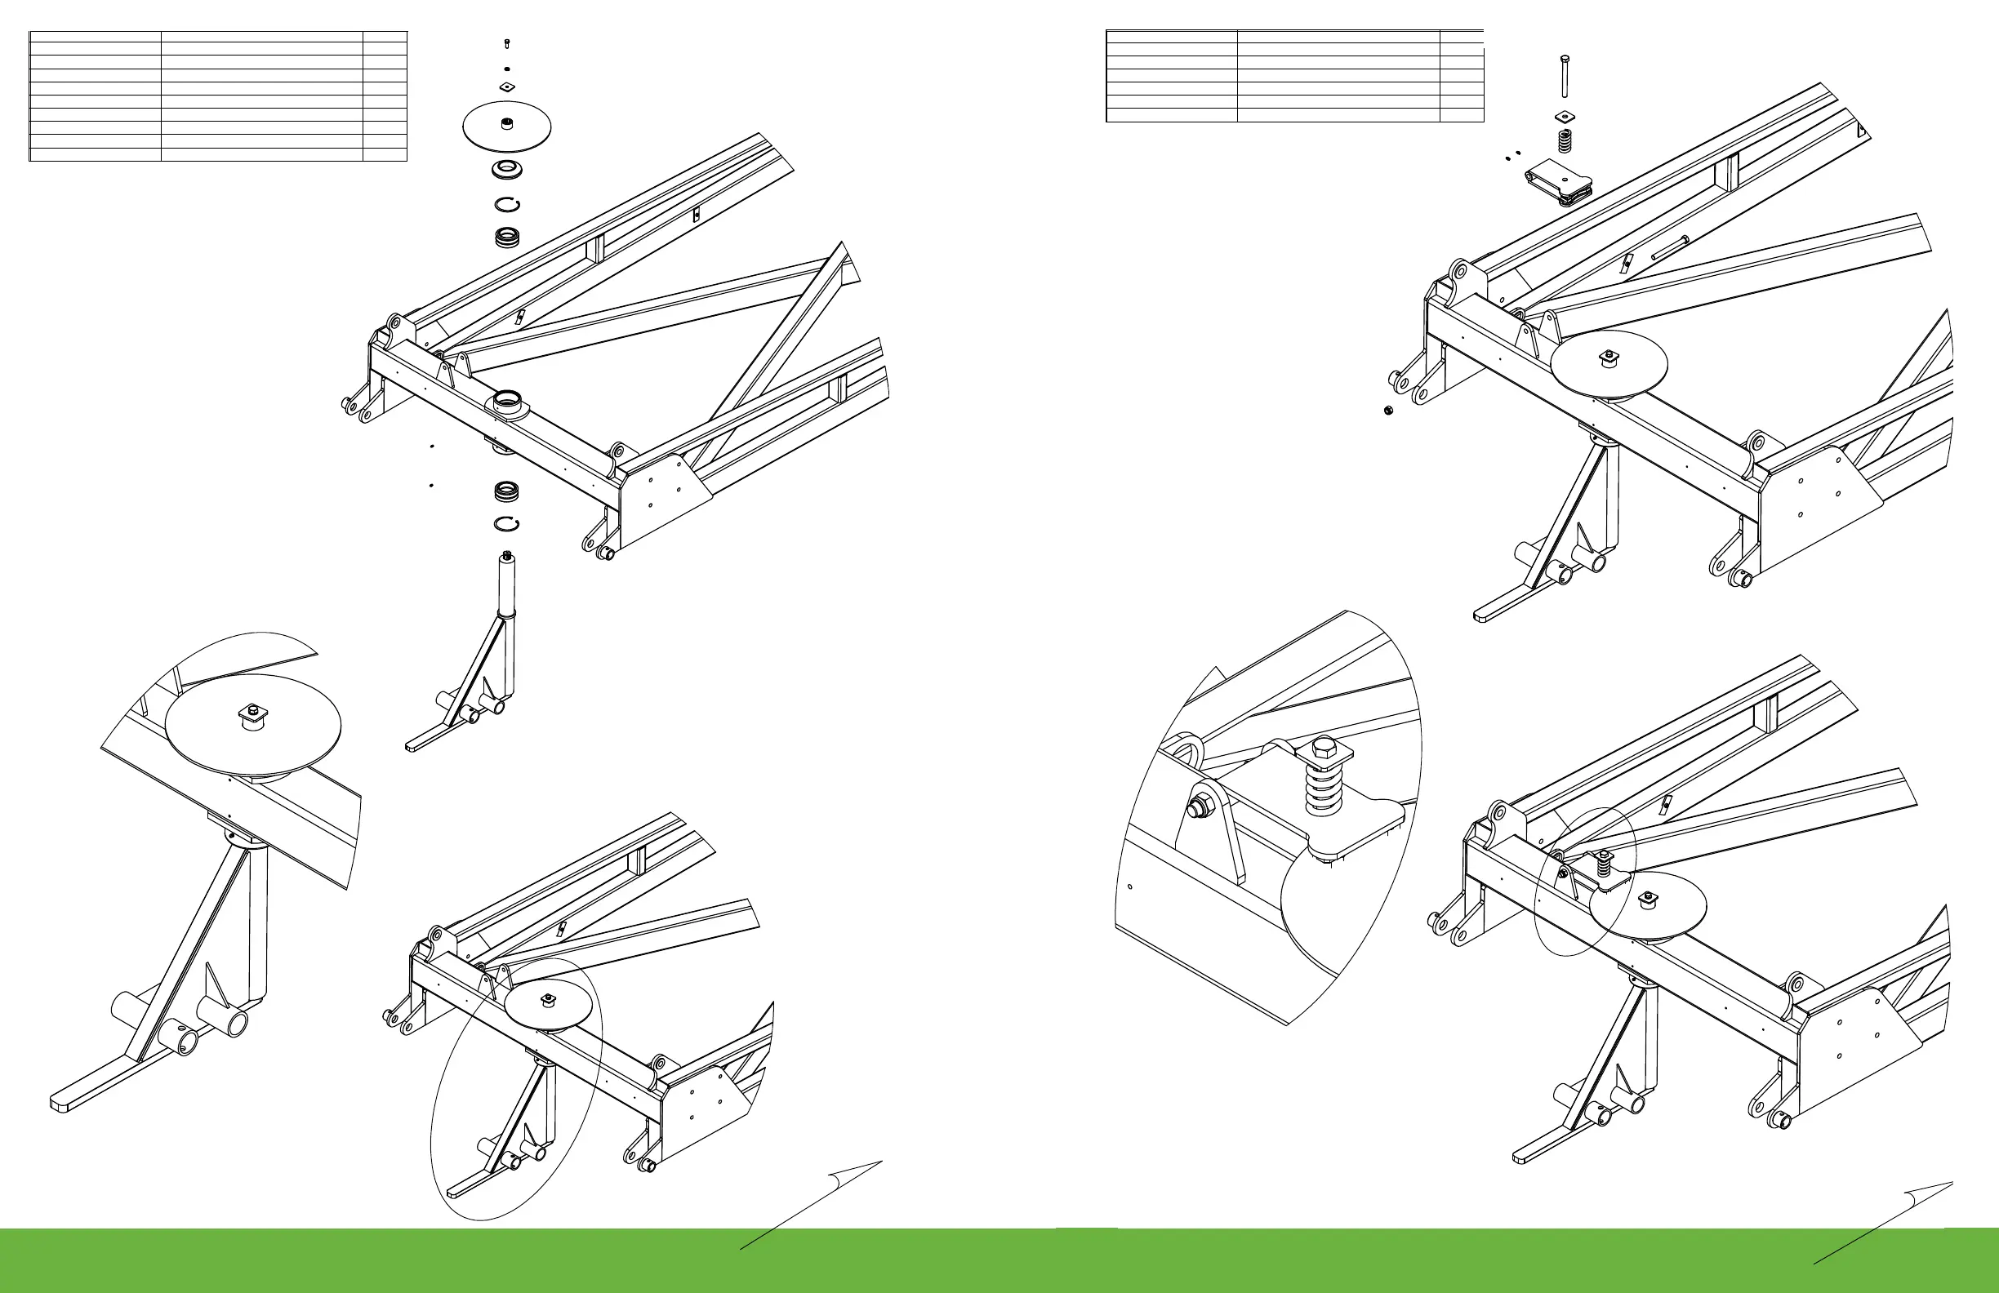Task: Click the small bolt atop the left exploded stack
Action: click(x=506, y=43)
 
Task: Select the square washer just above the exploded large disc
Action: click(x=505, y=87)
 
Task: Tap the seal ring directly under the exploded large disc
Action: click(x=506, y=171)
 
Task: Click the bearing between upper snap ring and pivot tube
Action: click(x=506, y=238)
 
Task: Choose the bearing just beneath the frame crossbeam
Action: click(x=506, y=489)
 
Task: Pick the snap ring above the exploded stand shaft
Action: click(x=506, y=524)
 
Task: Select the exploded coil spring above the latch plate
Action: click(x=1564, y=140)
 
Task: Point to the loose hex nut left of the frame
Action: click(x=1389, y=410)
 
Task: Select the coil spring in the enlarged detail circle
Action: click(x=1320, y=789)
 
